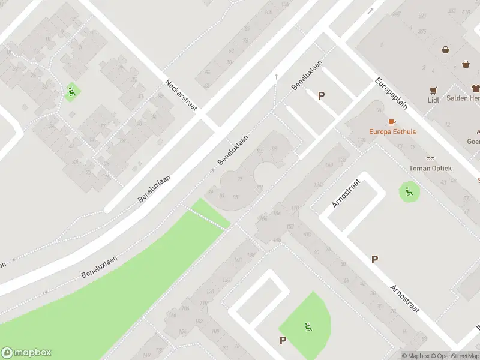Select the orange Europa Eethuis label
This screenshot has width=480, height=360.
pos(392,131)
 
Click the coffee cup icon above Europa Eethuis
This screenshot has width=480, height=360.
pos(392,122)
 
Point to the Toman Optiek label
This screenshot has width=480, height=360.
pos(430,169)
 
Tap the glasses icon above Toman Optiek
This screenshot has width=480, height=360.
pos(430,159)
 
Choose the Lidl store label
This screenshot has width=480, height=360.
pos(433,100)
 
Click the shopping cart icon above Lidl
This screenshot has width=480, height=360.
pos(433,91)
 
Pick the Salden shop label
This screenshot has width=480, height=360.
pos(466,98)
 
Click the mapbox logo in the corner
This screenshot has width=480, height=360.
pos(26,353)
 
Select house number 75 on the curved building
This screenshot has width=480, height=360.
pos(240,179)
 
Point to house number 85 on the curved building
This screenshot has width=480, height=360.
pos(236,197)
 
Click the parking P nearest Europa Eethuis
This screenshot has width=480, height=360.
pos(321,95)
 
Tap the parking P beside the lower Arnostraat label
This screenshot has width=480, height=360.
pos(374,259)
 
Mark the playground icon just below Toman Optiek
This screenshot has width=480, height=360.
pos(409,192)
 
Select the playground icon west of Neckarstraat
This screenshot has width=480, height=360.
pos(71,92)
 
